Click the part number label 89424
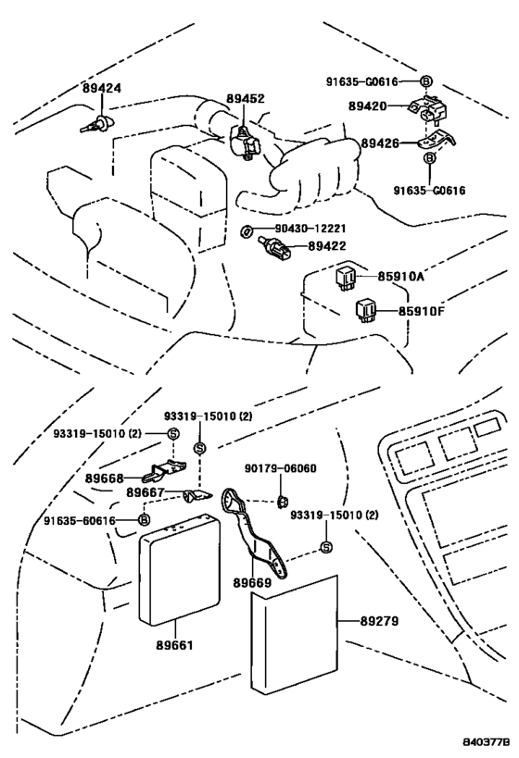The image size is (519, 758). (102, 89)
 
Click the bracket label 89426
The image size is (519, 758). (381, 144)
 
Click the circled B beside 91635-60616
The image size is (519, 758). (144, 520)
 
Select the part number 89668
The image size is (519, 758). (104, 478)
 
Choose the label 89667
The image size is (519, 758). (146, 493)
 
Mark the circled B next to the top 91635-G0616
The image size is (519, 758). (425, 81)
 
